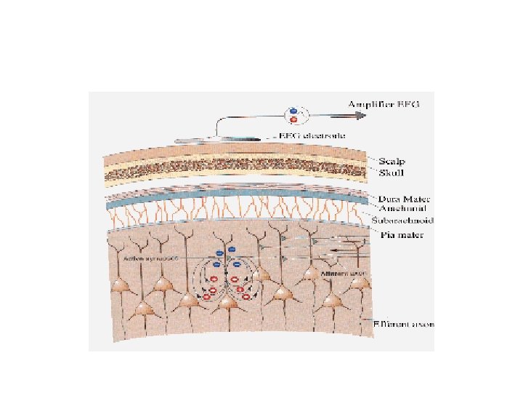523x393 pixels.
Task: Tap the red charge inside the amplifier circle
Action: point(293,119)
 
